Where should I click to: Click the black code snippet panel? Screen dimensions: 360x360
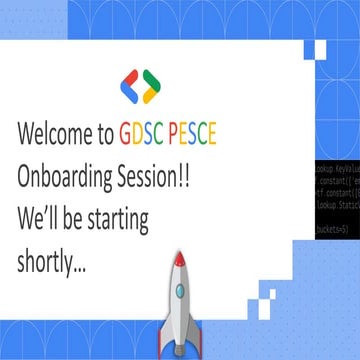[x=336, y=191]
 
